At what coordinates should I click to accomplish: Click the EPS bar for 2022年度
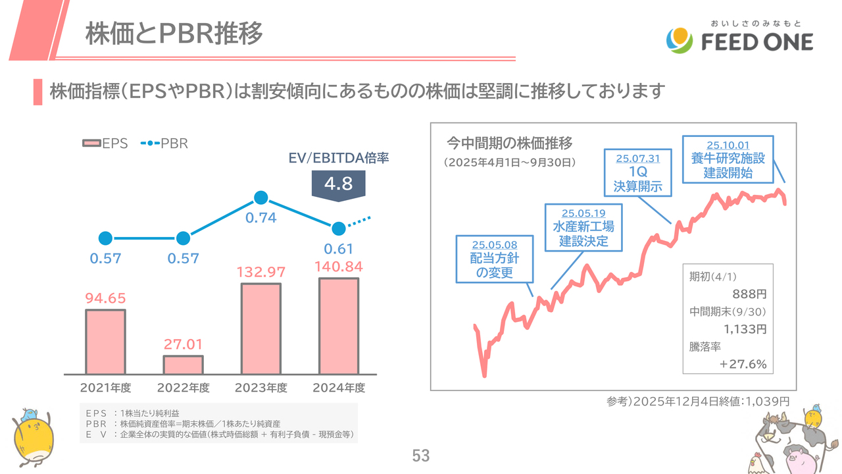click(x=183, y=365)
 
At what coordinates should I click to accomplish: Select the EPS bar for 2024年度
click(x=339, y=326)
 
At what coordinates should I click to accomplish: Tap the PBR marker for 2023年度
click(x=261, y=197)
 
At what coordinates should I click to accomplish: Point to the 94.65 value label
click(x=105, y=298)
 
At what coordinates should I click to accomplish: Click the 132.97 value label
click(x=261, y=272)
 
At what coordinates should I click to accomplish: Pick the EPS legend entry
click(x=105, y=144)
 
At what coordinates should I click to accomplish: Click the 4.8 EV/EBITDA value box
click(x=339, y=184)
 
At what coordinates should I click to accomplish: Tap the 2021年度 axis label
click(x=105, y=388)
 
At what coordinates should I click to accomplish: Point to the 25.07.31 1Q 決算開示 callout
click(x=638, y=171)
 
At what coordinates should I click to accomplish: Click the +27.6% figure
click(x=743, y=364)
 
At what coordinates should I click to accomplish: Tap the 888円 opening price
click(x=749, y=294)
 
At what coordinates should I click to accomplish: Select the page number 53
click(x=420, y=456)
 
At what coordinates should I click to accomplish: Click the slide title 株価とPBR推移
click(x=174, y=34)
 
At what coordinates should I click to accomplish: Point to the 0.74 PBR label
click(x=261, y=218)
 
